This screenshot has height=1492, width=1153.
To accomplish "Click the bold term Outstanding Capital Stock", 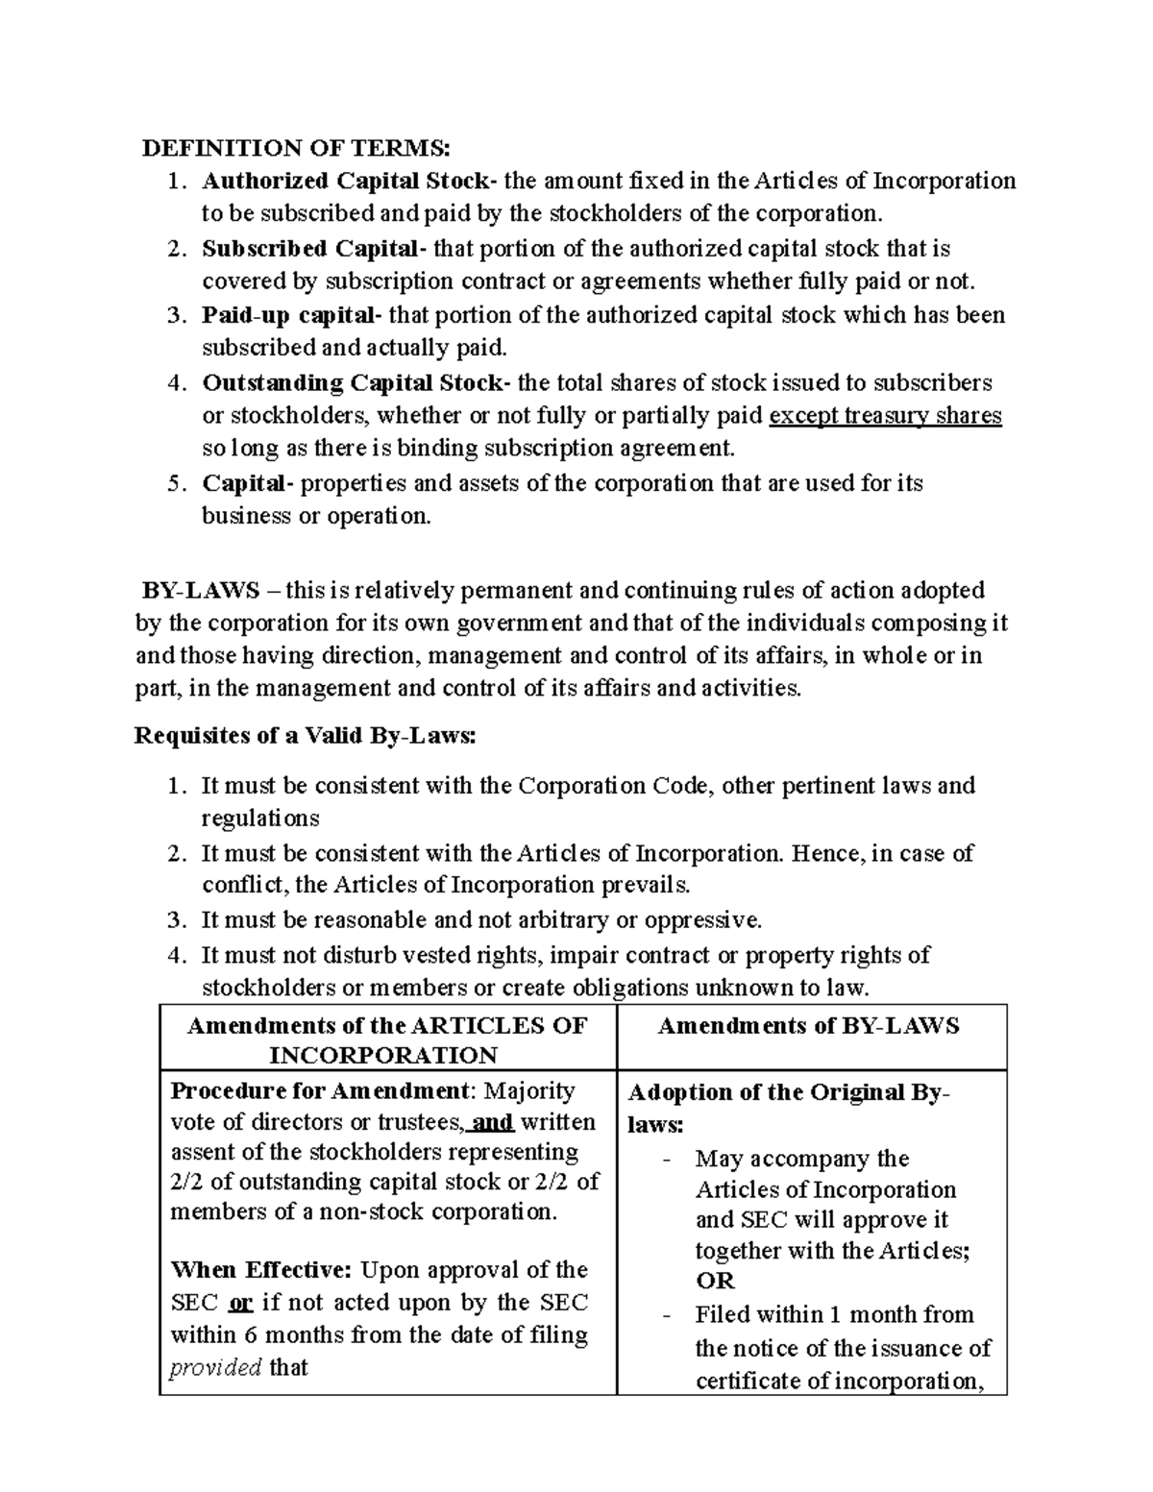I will click(x=352, y=383).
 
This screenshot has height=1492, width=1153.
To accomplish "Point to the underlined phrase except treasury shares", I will click(x=886, y=416).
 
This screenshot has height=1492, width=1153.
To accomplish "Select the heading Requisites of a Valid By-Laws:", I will click(x=305, y=736).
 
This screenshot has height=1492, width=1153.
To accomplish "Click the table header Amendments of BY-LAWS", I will click(x=808, y=1026).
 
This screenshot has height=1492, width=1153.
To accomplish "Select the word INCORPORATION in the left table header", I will click(x=383, y=1056).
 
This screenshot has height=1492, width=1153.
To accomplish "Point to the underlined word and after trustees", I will click(x=494, y=1122).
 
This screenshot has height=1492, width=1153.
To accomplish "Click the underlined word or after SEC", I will click(x=241, y=1303).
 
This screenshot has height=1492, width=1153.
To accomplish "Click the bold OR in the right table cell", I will click(x=715, y=1281).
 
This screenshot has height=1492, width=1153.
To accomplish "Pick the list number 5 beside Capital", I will click(x=174, y=484).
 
